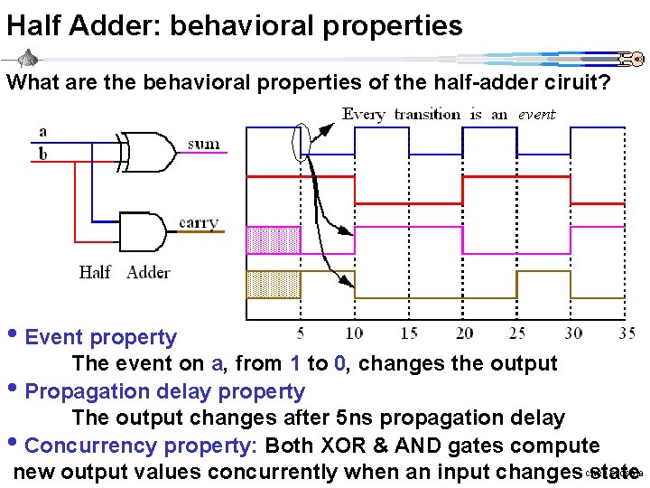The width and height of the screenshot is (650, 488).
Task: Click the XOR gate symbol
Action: click(x=149, y=151)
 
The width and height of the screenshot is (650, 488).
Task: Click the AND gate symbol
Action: click(x=143, y=231)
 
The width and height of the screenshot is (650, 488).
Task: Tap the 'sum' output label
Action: click(x=203, y=145)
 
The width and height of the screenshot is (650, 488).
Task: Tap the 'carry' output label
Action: click(x=199, y=222)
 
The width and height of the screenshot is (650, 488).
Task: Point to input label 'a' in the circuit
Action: click(x=42, y=132)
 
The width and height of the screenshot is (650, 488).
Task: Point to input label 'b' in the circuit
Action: click(x=42, y=154)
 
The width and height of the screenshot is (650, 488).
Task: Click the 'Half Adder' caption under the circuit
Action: click(x=125, y=272)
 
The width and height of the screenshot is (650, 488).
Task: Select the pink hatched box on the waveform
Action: click(x=273, y=239)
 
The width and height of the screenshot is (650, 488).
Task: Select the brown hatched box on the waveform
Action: click(x=273, y=284)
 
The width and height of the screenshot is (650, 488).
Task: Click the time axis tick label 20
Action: click(x=464, y=333)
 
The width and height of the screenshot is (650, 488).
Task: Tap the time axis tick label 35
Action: click(x=627, y=333)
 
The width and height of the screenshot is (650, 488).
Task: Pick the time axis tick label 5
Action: click(x=300, y=333)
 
